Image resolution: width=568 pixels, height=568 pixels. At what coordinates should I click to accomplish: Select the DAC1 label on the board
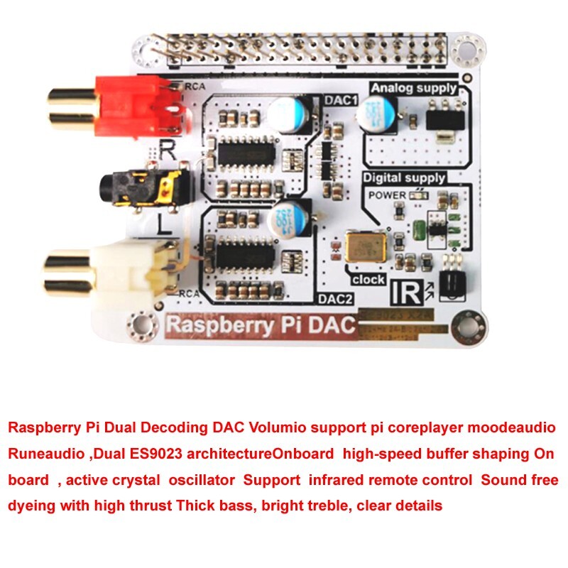339,101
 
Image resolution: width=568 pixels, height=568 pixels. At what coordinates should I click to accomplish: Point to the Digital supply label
404,177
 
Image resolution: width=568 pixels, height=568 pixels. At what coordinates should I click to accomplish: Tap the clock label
368,280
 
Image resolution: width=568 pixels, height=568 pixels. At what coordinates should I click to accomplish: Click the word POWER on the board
387,195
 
